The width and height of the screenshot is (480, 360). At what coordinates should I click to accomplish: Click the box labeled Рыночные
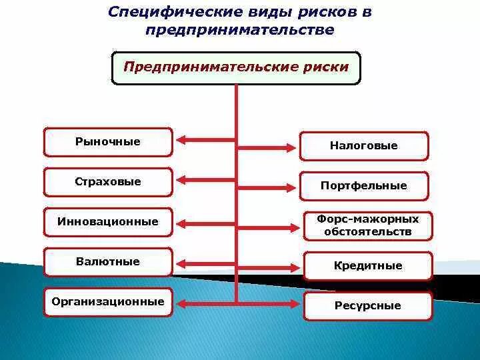point(108,142)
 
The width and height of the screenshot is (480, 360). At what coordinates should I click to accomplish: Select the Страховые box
point(108,182)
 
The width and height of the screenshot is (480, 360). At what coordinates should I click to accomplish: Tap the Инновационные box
point(108,222)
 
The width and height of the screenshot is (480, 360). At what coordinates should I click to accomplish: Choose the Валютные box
point(108,262)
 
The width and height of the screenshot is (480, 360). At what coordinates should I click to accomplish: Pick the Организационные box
point(108,302)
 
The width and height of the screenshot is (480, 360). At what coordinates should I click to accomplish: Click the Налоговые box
point(363,146)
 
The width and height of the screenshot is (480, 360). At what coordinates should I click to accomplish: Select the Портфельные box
point(363,186)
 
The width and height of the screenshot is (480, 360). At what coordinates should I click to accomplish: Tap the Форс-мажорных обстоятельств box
point(368,226)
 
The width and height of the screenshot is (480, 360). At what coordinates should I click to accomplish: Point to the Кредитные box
point(368,266)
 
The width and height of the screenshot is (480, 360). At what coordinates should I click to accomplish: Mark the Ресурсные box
point(368,306)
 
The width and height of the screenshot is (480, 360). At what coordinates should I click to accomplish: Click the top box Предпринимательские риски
point(236,67)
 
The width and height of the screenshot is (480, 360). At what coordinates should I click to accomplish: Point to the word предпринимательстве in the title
point(239,31)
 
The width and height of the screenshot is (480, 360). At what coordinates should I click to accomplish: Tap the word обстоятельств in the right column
point(368,233)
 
